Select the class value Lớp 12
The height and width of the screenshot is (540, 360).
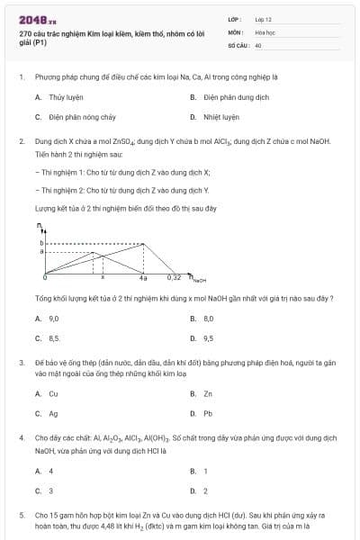point(263,18)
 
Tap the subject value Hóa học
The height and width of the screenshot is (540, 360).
point(264,31)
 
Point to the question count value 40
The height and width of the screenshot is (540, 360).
point(258,43)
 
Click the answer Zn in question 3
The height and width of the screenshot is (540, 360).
point(208,393)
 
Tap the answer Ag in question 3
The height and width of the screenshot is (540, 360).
point(53,413)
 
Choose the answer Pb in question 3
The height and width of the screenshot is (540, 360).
point(208,413)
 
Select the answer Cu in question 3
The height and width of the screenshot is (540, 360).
point(53,393)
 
